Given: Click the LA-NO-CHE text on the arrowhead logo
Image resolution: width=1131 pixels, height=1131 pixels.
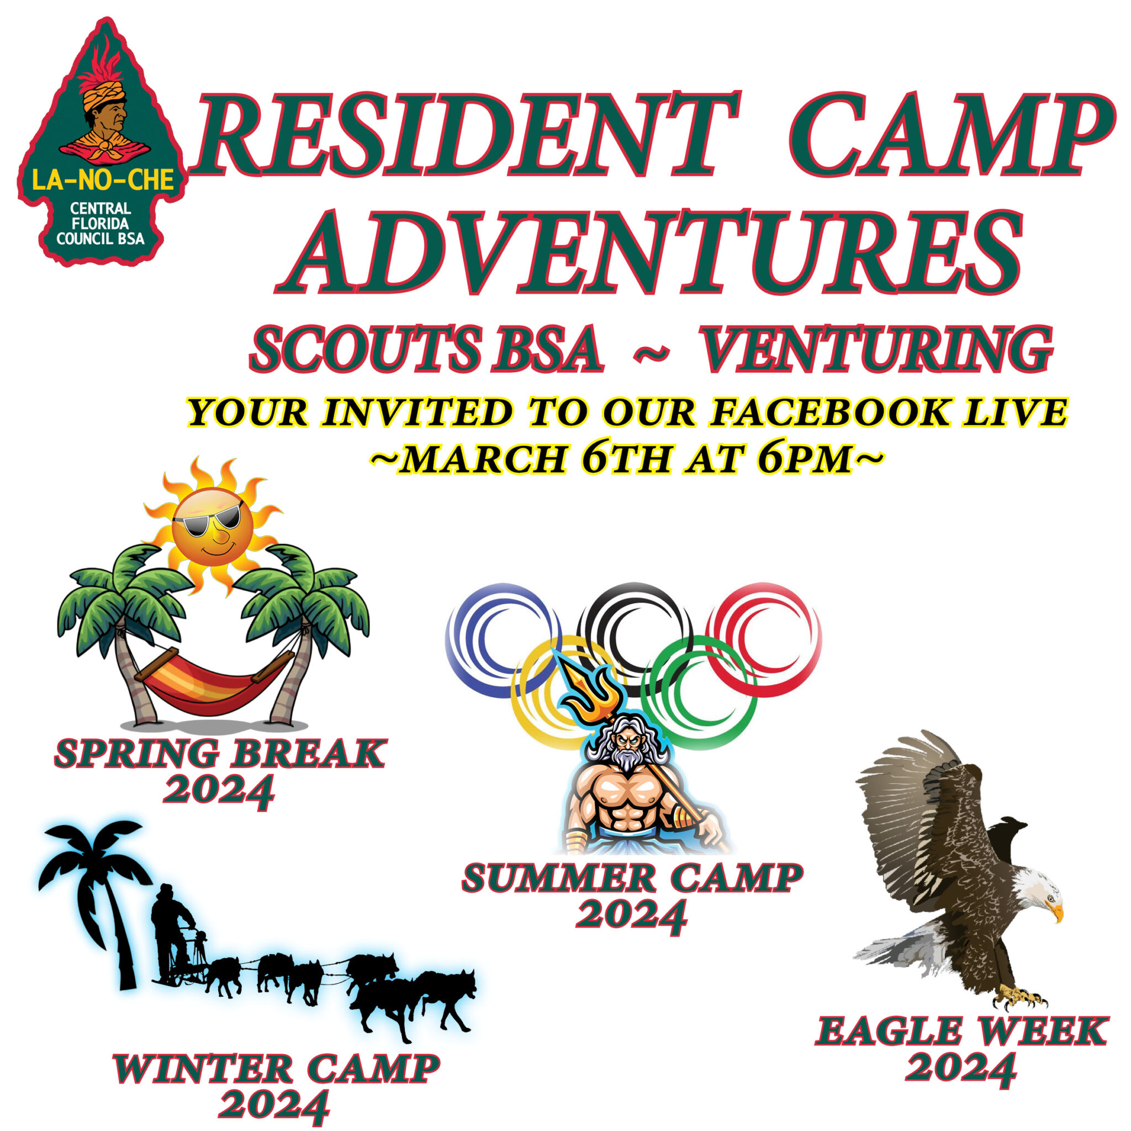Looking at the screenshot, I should pos(103,180).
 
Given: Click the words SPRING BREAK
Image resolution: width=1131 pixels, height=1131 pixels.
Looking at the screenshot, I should pos(220,754).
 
